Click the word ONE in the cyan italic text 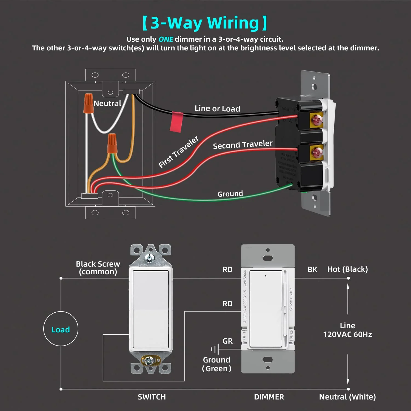tap(166, 39)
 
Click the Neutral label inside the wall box tap(107, 104)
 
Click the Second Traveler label tap(242, 145)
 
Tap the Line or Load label tap(217, 109)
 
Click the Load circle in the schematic tap(61, 329)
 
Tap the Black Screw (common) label tap(98, 268)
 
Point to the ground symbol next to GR tap(215, 349)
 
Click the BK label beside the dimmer tap(312, 270)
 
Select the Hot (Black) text tap(347, 269)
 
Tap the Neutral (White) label tap(347, 397)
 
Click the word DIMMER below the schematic tap(269, 397)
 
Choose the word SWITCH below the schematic tap(152, 397)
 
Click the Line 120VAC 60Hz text tap(347, 330)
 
